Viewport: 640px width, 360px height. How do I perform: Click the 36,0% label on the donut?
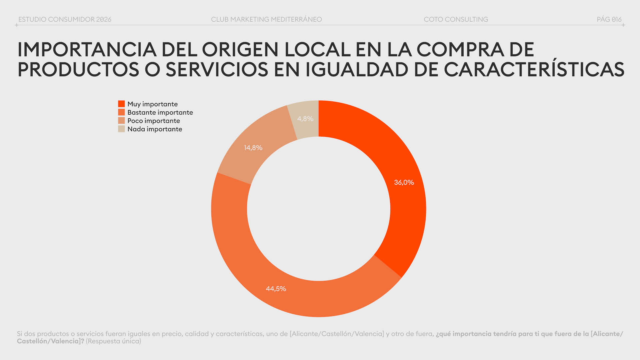tap(404, 182)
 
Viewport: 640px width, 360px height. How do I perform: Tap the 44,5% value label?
tap(276, 289)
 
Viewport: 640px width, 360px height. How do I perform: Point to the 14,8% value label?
tap(253, 148)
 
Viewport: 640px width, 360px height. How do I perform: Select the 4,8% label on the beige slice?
tap(305, 119)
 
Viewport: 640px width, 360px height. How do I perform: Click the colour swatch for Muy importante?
tap(121, 104)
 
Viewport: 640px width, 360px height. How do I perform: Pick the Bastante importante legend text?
tap(160, 112)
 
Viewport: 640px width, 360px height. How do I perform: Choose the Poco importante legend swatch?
tap(121, 121)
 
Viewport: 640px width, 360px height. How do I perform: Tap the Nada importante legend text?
tap(155, 129)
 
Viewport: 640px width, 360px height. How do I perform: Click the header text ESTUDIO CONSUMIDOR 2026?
tap(65, 19)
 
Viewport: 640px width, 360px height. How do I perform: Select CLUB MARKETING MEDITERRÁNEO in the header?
tap(266, 19)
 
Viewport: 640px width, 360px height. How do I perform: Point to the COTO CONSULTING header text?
tap(456, 19)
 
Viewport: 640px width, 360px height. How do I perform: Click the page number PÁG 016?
tap(609, 19)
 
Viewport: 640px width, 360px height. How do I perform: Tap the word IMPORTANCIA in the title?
tap(87, 50)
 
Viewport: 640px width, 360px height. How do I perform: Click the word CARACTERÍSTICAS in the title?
tap(534, 69)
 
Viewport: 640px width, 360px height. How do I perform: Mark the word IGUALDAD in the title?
tap(357, 69)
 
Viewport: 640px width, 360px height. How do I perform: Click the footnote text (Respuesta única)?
tap(113, 341)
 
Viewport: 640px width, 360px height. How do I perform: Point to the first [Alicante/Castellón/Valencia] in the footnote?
tap(337, 334)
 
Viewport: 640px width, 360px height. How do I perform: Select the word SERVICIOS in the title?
tap(217, 69)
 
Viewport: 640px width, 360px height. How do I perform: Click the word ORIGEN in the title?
tap(240, 50)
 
